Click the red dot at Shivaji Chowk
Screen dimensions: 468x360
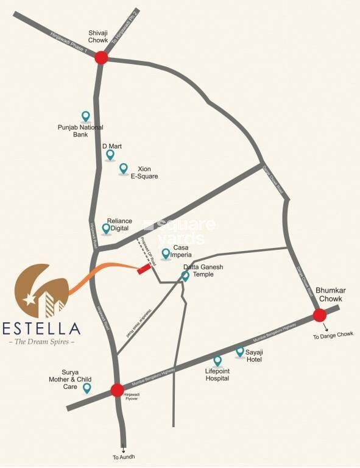[101, 57]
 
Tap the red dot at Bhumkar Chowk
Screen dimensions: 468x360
[320, 315]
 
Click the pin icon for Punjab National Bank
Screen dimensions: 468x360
[86, 116]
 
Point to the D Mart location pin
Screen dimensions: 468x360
[110, 155]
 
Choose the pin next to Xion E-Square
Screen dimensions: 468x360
[124, 168]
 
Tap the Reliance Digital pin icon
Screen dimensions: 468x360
[107, 229]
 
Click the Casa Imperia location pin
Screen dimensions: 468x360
[166, 253]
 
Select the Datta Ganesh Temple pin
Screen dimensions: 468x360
[186, 276]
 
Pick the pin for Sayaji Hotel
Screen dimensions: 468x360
[240, 352]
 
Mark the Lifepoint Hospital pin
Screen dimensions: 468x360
[217, 360]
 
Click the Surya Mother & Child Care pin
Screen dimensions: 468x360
[87, 387]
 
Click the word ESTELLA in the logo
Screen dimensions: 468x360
[41, 328]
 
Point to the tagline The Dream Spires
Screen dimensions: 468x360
[41, 342]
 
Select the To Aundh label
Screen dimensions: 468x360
[124, 456]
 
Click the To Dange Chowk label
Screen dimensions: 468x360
[333, 335]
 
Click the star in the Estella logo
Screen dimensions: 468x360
[29, 299]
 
